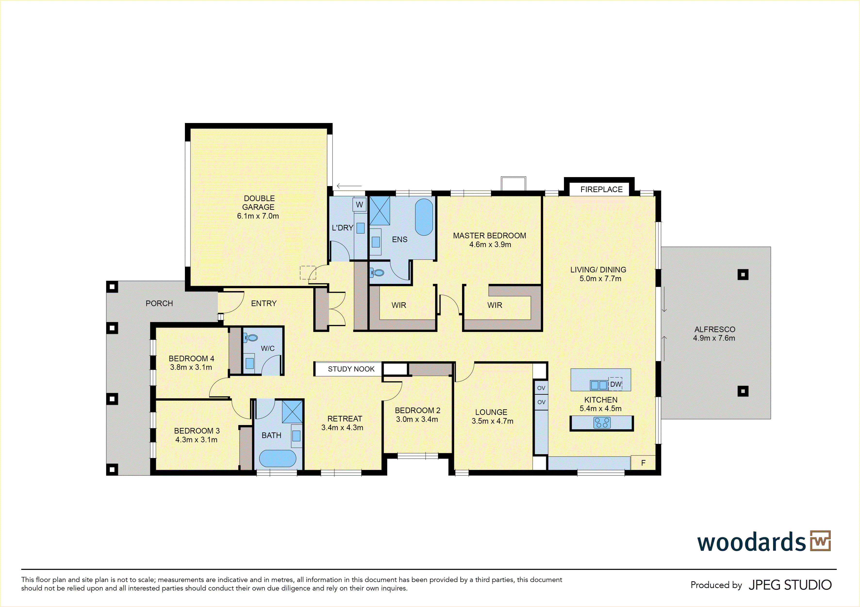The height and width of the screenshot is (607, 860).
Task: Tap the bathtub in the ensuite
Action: click(424, 217)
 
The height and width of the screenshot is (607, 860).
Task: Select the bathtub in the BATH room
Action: click(278, 458)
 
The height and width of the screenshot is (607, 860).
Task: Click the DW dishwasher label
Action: click(615, 384)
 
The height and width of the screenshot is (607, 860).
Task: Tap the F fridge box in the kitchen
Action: click(643, 463)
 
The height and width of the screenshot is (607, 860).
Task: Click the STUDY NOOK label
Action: click(351, 369)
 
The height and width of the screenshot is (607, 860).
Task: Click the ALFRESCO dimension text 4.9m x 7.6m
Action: click(714, 338)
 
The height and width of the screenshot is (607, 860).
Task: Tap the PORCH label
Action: click(159, 303)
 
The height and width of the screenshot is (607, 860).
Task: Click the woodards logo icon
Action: click(820, 541)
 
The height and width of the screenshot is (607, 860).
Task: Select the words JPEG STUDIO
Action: click(790, 585)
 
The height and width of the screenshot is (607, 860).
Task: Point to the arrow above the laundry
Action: click(349, 186)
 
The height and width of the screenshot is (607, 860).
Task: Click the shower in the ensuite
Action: click(380, 210)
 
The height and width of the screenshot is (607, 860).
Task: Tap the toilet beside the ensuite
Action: click(377, 273)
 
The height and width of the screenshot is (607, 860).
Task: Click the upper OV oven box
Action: click(541, 388)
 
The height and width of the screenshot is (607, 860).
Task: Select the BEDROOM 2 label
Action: click(417, 410)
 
